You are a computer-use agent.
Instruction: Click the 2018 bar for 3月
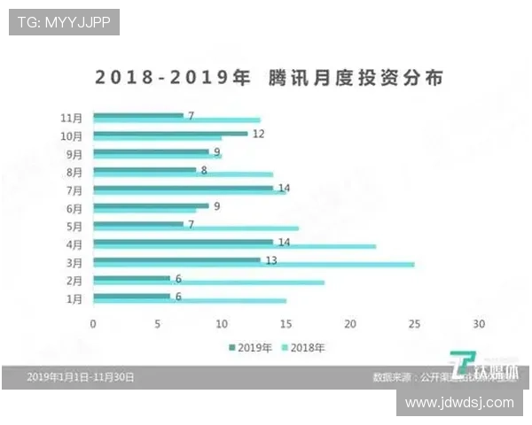(253, 265)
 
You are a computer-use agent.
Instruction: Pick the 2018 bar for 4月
(234, 246)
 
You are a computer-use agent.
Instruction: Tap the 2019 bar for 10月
(169, 134)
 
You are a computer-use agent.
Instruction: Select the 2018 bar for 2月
(208, 282)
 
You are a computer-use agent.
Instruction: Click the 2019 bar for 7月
(182, 188)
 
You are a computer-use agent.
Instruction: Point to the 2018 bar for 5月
(195, 228)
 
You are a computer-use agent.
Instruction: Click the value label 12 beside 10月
(259, 134)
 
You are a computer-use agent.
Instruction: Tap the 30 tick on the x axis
(479, 323)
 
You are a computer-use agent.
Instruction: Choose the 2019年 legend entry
(252, 347)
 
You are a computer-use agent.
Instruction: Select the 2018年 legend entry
(303, 347)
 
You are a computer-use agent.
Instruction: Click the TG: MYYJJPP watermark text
(64, 22)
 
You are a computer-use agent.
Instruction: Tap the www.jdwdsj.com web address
(458, 402)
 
